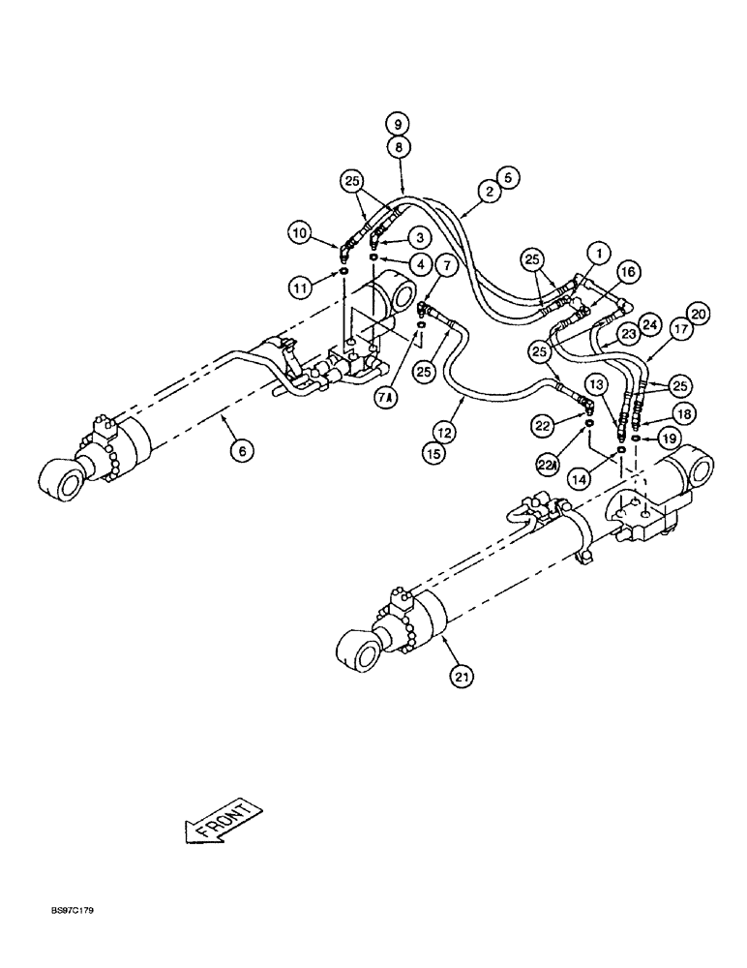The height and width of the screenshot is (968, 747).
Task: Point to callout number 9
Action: coord(397,124)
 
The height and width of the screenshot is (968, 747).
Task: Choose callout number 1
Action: coord(601,255)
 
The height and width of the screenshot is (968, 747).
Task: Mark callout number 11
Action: coord(300,287)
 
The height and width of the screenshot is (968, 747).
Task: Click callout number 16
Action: coord(627,275)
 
